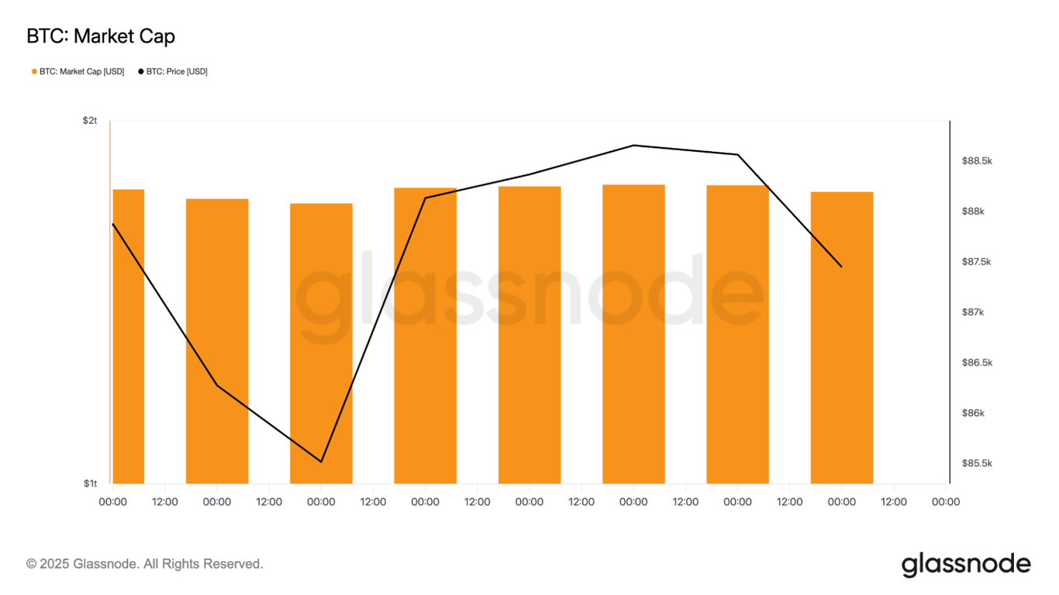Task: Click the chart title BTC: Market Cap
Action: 101,36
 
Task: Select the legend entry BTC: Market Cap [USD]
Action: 81,71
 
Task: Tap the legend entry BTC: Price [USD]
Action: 177,71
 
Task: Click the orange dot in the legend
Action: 34,71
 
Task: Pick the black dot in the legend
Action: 141,71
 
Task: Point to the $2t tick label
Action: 90,121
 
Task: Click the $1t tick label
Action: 90,483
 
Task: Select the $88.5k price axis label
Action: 977,161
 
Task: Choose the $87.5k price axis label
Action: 977,262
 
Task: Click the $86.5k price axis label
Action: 977,363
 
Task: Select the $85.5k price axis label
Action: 977,463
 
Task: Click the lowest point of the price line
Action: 321,462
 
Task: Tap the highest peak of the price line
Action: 633,145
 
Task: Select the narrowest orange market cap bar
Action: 129,336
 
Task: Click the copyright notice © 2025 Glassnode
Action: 145,564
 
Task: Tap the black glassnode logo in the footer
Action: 966,565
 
